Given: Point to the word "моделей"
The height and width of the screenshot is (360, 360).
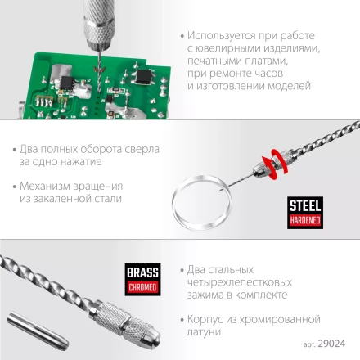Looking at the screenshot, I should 288,85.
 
